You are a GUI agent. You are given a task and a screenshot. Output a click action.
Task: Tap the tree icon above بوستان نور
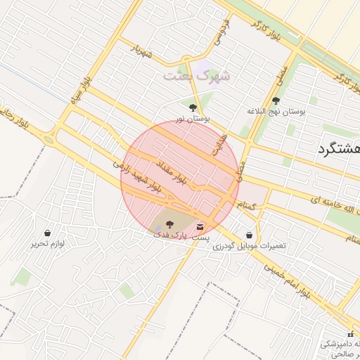[193, 108]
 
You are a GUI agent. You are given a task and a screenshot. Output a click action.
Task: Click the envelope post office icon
[202, 227]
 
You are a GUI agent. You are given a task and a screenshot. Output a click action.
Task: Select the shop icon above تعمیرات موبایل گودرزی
[250, 235]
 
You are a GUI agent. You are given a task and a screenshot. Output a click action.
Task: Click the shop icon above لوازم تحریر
[47, 233]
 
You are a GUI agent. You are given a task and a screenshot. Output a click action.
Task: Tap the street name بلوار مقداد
[172, 172]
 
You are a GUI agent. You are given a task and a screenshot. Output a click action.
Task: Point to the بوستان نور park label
[193, 119]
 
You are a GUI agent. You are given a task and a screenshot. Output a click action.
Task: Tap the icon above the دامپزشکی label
[351, 333]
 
